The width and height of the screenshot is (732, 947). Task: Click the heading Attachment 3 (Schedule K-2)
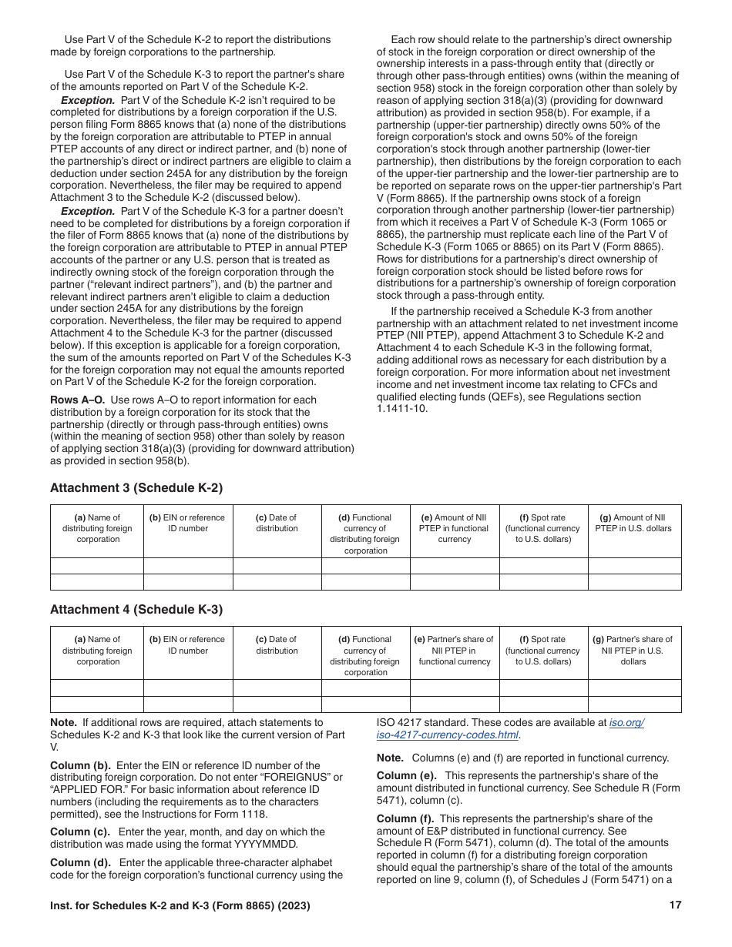pos(136,487)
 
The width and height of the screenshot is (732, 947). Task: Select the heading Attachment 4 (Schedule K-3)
pos(136,609)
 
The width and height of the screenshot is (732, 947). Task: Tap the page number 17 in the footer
pos(675,906)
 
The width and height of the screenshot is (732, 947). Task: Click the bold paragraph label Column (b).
pos(80,765)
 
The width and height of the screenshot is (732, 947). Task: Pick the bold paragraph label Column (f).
pos(406,818)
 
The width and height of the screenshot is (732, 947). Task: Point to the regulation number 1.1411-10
pos(401,409)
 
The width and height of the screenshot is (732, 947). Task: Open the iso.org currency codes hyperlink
pos(626,723)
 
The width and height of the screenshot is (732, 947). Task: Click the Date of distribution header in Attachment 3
pos(277,524)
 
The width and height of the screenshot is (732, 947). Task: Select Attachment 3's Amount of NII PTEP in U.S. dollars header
pos(633,524)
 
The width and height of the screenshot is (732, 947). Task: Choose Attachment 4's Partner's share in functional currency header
pos(454,651)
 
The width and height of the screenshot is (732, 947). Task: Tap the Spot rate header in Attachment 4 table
pos(542,651)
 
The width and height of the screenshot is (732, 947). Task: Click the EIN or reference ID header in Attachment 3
pos(187,524)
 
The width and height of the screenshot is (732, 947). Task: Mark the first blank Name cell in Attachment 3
pos(97,566)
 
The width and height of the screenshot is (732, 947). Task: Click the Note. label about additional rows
pos(63,722)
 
